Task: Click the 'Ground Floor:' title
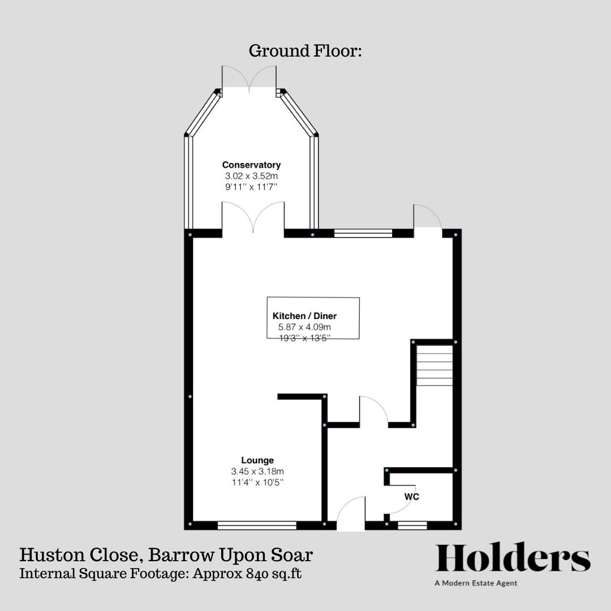[305, 51]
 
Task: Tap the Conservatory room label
[251, 165]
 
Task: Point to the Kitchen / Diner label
[308, 316]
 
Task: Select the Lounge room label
[257, 460]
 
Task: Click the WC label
[411, 497]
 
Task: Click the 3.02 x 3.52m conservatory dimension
[251, 176]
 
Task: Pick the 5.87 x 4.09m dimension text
[305, 327]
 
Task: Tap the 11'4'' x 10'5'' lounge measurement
[257, 483]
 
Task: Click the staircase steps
[434, 365]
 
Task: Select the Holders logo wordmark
[512, 558]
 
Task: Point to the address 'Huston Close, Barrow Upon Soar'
[166, 554]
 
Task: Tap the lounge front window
[257, 526]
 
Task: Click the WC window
[412, 526]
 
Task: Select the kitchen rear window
[363, 233]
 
